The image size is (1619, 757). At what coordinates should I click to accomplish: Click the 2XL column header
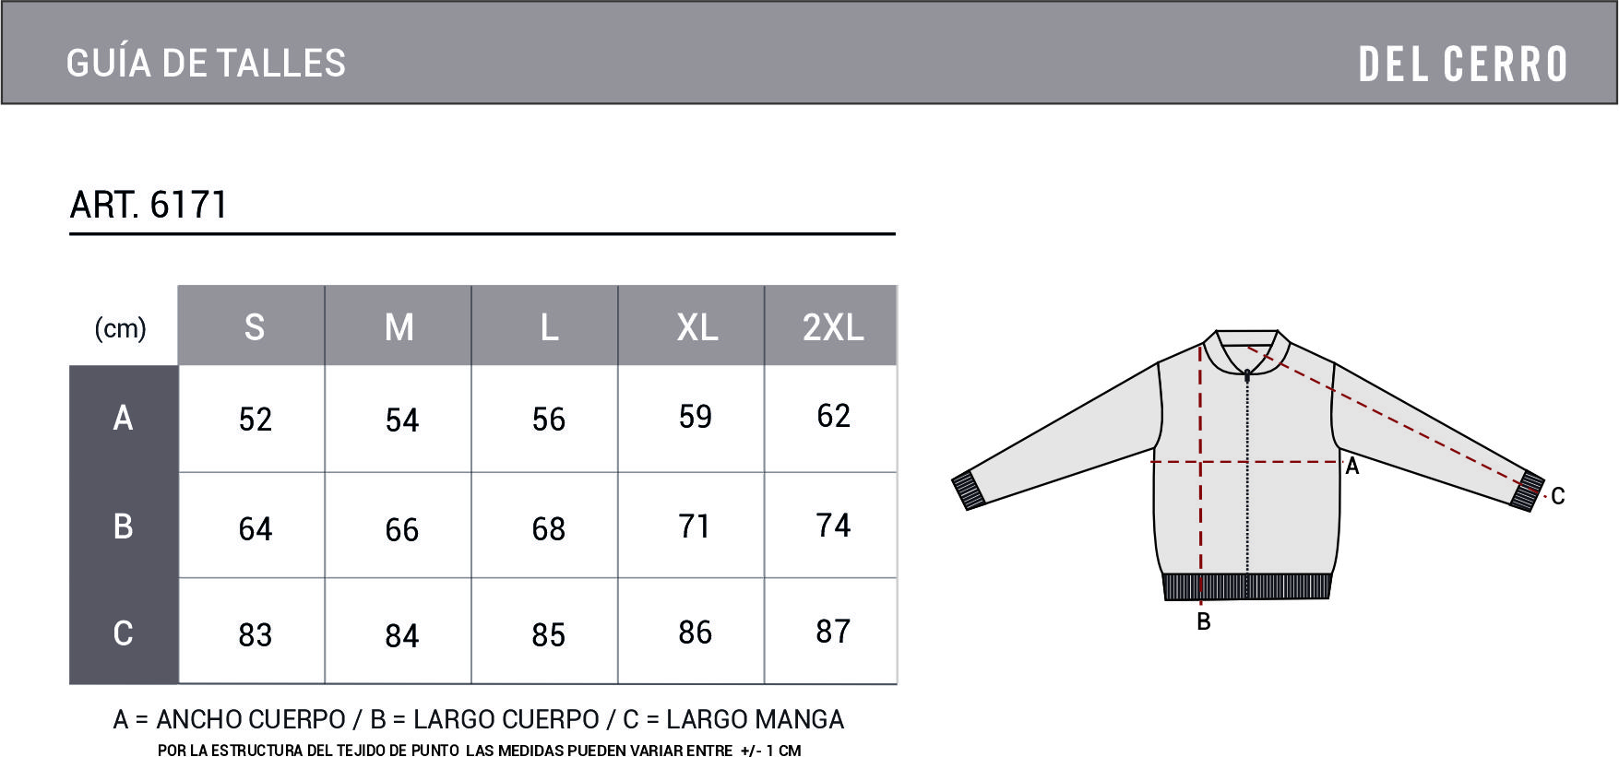(x=833, y=327)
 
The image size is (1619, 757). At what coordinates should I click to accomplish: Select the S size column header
(x=255, y=327)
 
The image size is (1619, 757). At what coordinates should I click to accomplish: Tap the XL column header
(x=697, y=327)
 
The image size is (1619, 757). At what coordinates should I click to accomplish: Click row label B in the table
(x=123, y=526)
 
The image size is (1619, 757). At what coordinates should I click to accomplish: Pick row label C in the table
(x=123, y=633)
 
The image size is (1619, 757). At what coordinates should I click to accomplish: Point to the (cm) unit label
(x=121, y=328)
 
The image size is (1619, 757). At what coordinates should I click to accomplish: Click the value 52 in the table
(x=256, y=420)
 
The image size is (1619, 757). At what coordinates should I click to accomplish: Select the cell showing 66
(x=402, y=529)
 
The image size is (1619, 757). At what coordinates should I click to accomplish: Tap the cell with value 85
(x=549, y=634)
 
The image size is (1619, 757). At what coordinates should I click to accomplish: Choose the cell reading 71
(x=695, y=526)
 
